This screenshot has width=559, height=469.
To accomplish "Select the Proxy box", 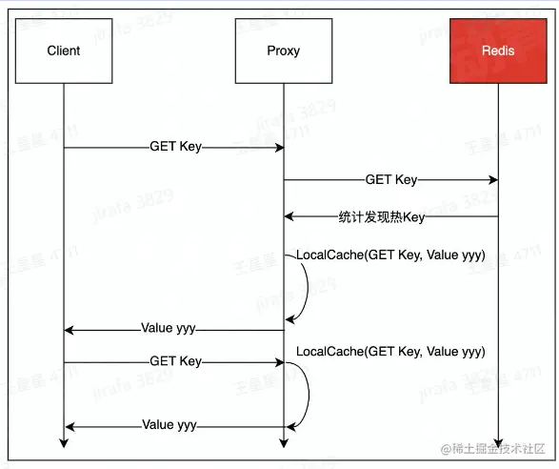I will click(x=283, y=51).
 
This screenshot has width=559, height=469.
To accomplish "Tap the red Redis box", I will click(x=497, y=51).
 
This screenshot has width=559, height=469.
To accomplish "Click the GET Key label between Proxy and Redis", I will click(x=390, y=178).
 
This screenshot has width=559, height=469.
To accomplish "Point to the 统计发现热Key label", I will click(x=381, y=216).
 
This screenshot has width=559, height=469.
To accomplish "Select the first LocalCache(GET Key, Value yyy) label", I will click(x=390, y=255).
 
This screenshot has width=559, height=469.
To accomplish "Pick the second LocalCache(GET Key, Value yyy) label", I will click(x=390, y=352).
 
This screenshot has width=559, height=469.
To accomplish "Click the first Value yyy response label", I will click(x=168, y=328).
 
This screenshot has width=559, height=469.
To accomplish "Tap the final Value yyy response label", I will click(x=170, y=425).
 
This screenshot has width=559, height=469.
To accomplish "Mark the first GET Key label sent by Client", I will click(x=175, y=147).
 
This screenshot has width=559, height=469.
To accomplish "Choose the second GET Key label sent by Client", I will click(x=175, y=361).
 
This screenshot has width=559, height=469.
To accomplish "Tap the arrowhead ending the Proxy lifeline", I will click(x=283, y=441).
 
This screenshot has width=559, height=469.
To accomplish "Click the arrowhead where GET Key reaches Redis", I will click(x=491, y=178).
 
